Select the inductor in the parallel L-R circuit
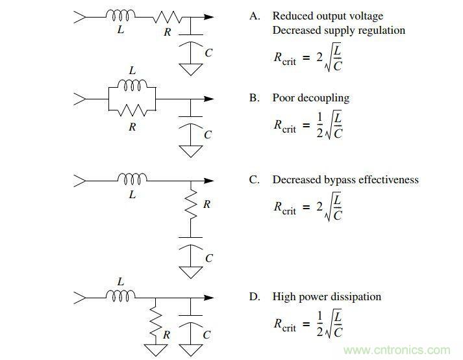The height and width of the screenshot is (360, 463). (x=132, y=84)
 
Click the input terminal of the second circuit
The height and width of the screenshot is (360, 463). (x=81, y=99)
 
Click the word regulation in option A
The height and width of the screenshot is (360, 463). (x=381, y=30)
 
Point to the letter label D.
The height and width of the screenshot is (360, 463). (x=255, y=297)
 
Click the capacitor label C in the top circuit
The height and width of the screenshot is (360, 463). (x=208, y=53)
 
